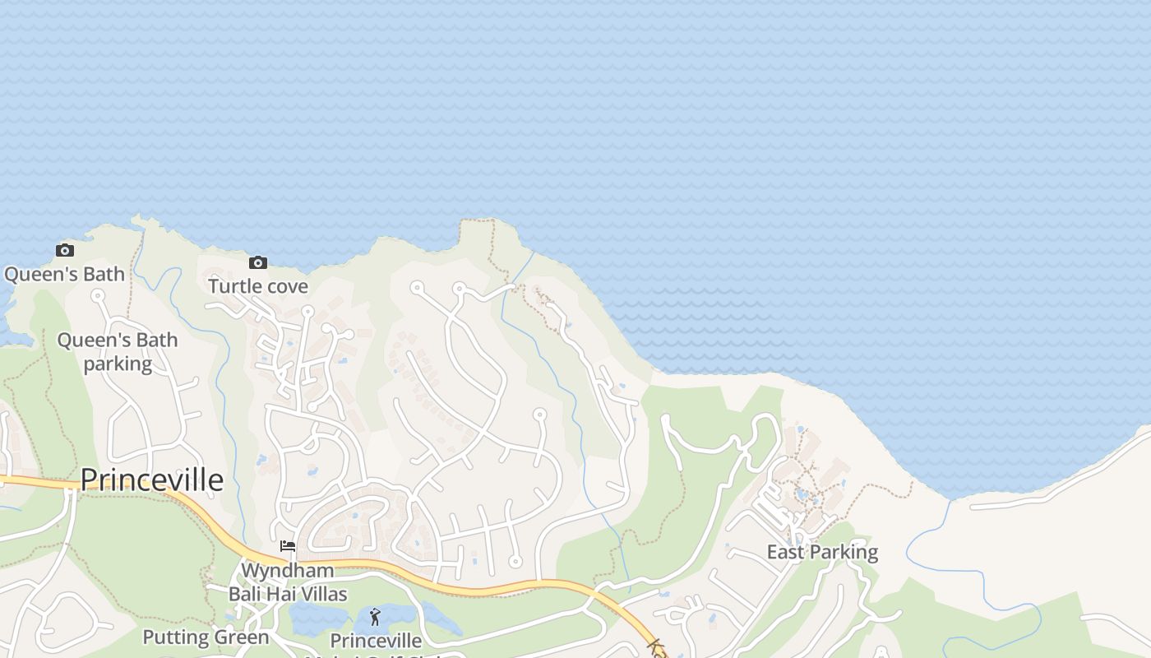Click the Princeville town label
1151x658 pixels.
[152, 480]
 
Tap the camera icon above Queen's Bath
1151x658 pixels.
[65, 250]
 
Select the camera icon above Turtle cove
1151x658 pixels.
[258, 262]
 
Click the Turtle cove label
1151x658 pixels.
[258, 286]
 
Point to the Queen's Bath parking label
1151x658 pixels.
[118, 352]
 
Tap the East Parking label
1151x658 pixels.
[822, 552]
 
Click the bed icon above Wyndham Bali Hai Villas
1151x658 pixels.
[288, 545]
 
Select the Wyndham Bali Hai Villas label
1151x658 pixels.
[288, 582]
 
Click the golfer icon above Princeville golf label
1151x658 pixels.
[376, 616]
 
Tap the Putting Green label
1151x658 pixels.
[206, 637]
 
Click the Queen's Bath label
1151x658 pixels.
[65, 274]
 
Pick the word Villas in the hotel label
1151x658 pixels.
[320, 594]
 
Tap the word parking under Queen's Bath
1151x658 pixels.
[118, 364]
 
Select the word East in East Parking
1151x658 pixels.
[784, 552]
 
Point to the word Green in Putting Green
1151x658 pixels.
[240, 637]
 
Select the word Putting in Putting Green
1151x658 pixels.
[174, 637]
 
